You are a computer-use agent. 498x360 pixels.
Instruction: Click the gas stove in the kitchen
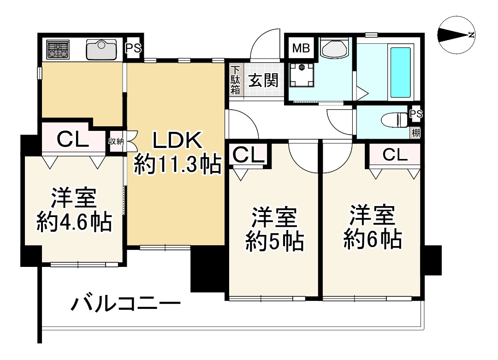tap(58, 49)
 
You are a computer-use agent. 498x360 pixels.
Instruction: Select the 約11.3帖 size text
tap(176, 165)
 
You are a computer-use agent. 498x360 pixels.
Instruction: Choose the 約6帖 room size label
tap(371, 239)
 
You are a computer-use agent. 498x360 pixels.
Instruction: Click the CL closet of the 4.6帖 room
tap(72, 139)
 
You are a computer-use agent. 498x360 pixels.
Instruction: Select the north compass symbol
tap(457, 35)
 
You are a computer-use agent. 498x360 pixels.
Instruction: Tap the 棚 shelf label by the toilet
tap(415, 133)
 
